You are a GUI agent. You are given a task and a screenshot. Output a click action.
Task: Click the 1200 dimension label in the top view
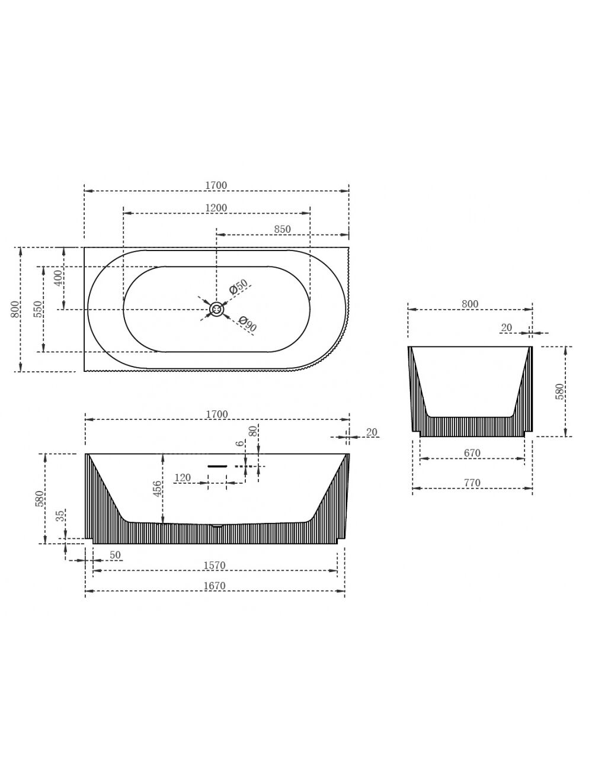coord(216,208)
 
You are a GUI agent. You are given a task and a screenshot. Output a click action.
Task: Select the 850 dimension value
coord(282,229)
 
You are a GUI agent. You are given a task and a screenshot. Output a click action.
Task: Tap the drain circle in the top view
coord(216,309)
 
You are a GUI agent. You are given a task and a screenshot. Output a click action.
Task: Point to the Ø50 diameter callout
coord(238,287)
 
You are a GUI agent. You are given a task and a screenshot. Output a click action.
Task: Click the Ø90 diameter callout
coord(247,324)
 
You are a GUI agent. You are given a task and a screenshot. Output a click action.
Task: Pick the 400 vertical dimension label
coord(59,278)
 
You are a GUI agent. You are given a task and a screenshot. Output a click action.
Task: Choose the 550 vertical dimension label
coord(38,309)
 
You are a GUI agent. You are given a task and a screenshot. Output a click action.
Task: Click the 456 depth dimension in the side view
coord(158,489)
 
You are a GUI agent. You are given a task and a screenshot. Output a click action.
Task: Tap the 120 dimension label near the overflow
coord(183,477)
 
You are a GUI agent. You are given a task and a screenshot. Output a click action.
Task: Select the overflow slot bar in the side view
coord(217,466)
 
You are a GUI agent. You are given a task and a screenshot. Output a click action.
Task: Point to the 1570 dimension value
coord(214,565)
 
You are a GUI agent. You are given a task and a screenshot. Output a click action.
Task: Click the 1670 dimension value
coord(214,586)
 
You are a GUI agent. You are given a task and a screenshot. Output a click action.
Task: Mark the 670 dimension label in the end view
coord(472,453)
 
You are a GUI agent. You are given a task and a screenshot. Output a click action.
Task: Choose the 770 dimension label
coord(472,483)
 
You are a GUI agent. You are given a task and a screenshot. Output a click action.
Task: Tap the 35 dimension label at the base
coord(60,516)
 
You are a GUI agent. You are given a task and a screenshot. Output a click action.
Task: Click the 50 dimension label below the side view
coord(115,555)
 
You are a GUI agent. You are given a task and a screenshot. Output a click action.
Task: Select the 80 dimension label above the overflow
coord(253,431)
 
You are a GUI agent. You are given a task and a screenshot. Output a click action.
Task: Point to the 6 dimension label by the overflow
coord(240,443)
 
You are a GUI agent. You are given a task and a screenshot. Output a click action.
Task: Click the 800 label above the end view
coord(470,304)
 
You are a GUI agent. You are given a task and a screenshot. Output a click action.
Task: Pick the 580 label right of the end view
coord(560,391)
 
